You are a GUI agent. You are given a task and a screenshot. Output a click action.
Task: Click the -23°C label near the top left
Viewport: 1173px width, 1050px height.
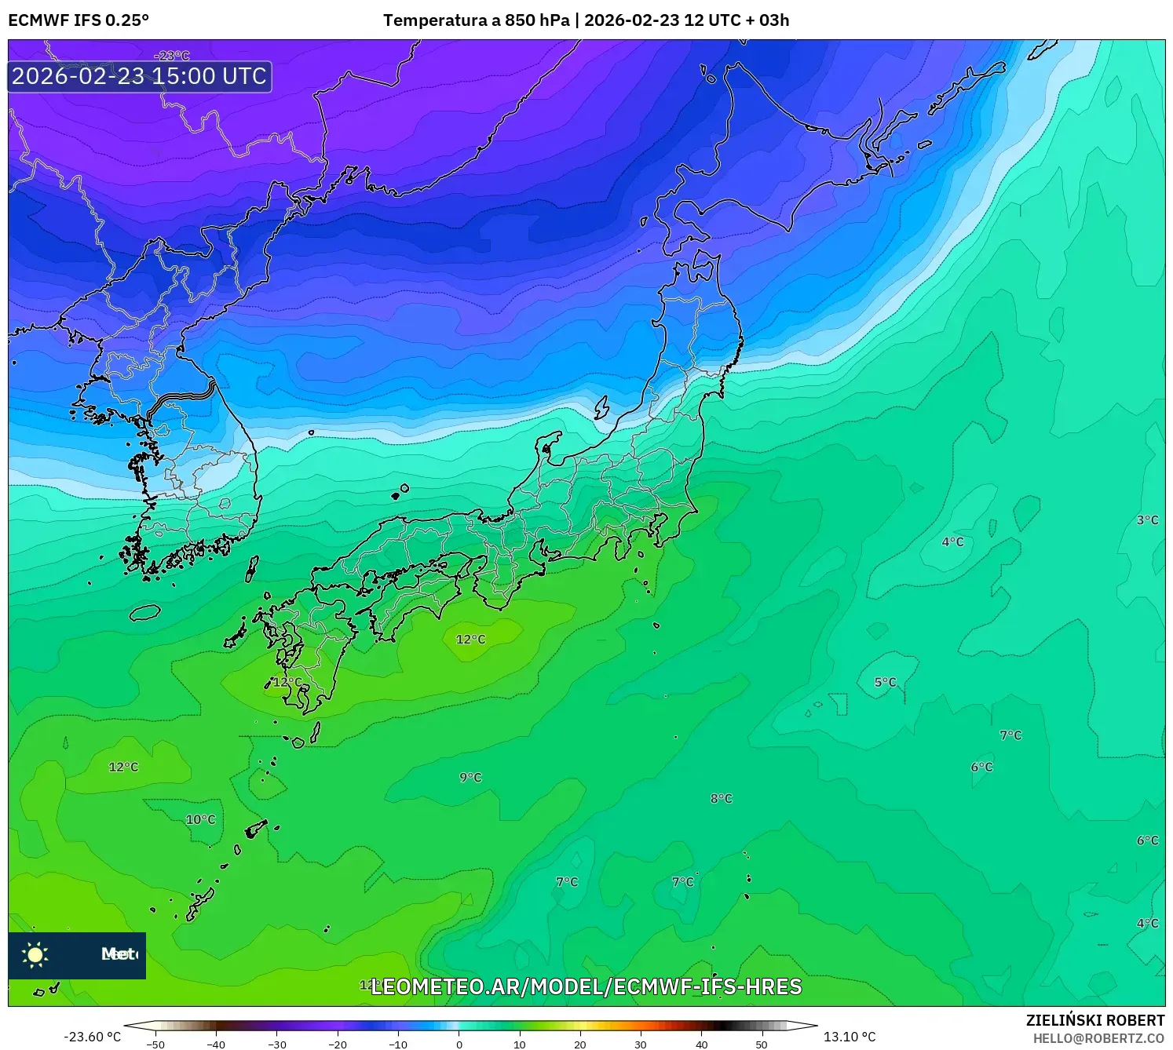tap(172, 56)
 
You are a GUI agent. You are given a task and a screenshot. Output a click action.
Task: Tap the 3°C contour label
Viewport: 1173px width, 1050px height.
tap(1147, 520)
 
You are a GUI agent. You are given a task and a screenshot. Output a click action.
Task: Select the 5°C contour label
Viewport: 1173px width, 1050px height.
tap(885, 682)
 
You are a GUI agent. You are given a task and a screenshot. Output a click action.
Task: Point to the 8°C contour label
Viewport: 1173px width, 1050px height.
tap(721, 798)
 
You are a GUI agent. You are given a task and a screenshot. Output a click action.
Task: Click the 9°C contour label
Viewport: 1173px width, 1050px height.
tap(470, 777)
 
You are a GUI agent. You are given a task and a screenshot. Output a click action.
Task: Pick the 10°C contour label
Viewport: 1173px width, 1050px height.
tap(200, 819)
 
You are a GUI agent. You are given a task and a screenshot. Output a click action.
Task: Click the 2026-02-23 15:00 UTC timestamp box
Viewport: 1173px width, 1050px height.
tap(140, 76)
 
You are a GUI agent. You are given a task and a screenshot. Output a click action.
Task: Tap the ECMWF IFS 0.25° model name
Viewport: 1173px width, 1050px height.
tap(79, 20)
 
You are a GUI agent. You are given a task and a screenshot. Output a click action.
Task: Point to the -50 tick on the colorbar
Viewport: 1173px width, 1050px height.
tap(155, 1044)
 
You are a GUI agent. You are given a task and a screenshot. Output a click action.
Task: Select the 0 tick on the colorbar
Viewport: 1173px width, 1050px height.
tap(459, 1044)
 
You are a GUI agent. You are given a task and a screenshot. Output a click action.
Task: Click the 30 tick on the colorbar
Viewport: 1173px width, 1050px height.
tap(641, 1044)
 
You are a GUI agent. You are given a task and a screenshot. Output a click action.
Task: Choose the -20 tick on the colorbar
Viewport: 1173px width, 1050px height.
tap(338, 1044)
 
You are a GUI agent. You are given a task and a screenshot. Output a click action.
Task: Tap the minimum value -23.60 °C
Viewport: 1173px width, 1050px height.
tap(92, 1037)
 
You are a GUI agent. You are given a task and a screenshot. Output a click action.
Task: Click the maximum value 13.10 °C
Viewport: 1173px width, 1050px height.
tap(850, 1037)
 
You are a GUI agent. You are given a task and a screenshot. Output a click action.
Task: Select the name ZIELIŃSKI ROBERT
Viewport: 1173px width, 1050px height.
tap(1094, 1020)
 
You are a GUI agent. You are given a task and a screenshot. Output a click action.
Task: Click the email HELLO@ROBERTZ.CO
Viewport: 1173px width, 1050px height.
tap(1098, 1038)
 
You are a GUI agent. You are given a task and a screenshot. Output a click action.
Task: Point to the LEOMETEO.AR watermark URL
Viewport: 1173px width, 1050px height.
tap(586, 986)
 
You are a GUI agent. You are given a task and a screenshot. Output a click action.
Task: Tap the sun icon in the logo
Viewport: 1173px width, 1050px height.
tap(35, 954)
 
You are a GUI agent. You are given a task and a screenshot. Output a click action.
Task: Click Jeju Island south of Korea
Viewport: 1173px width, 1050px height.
tap(144, 612)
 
